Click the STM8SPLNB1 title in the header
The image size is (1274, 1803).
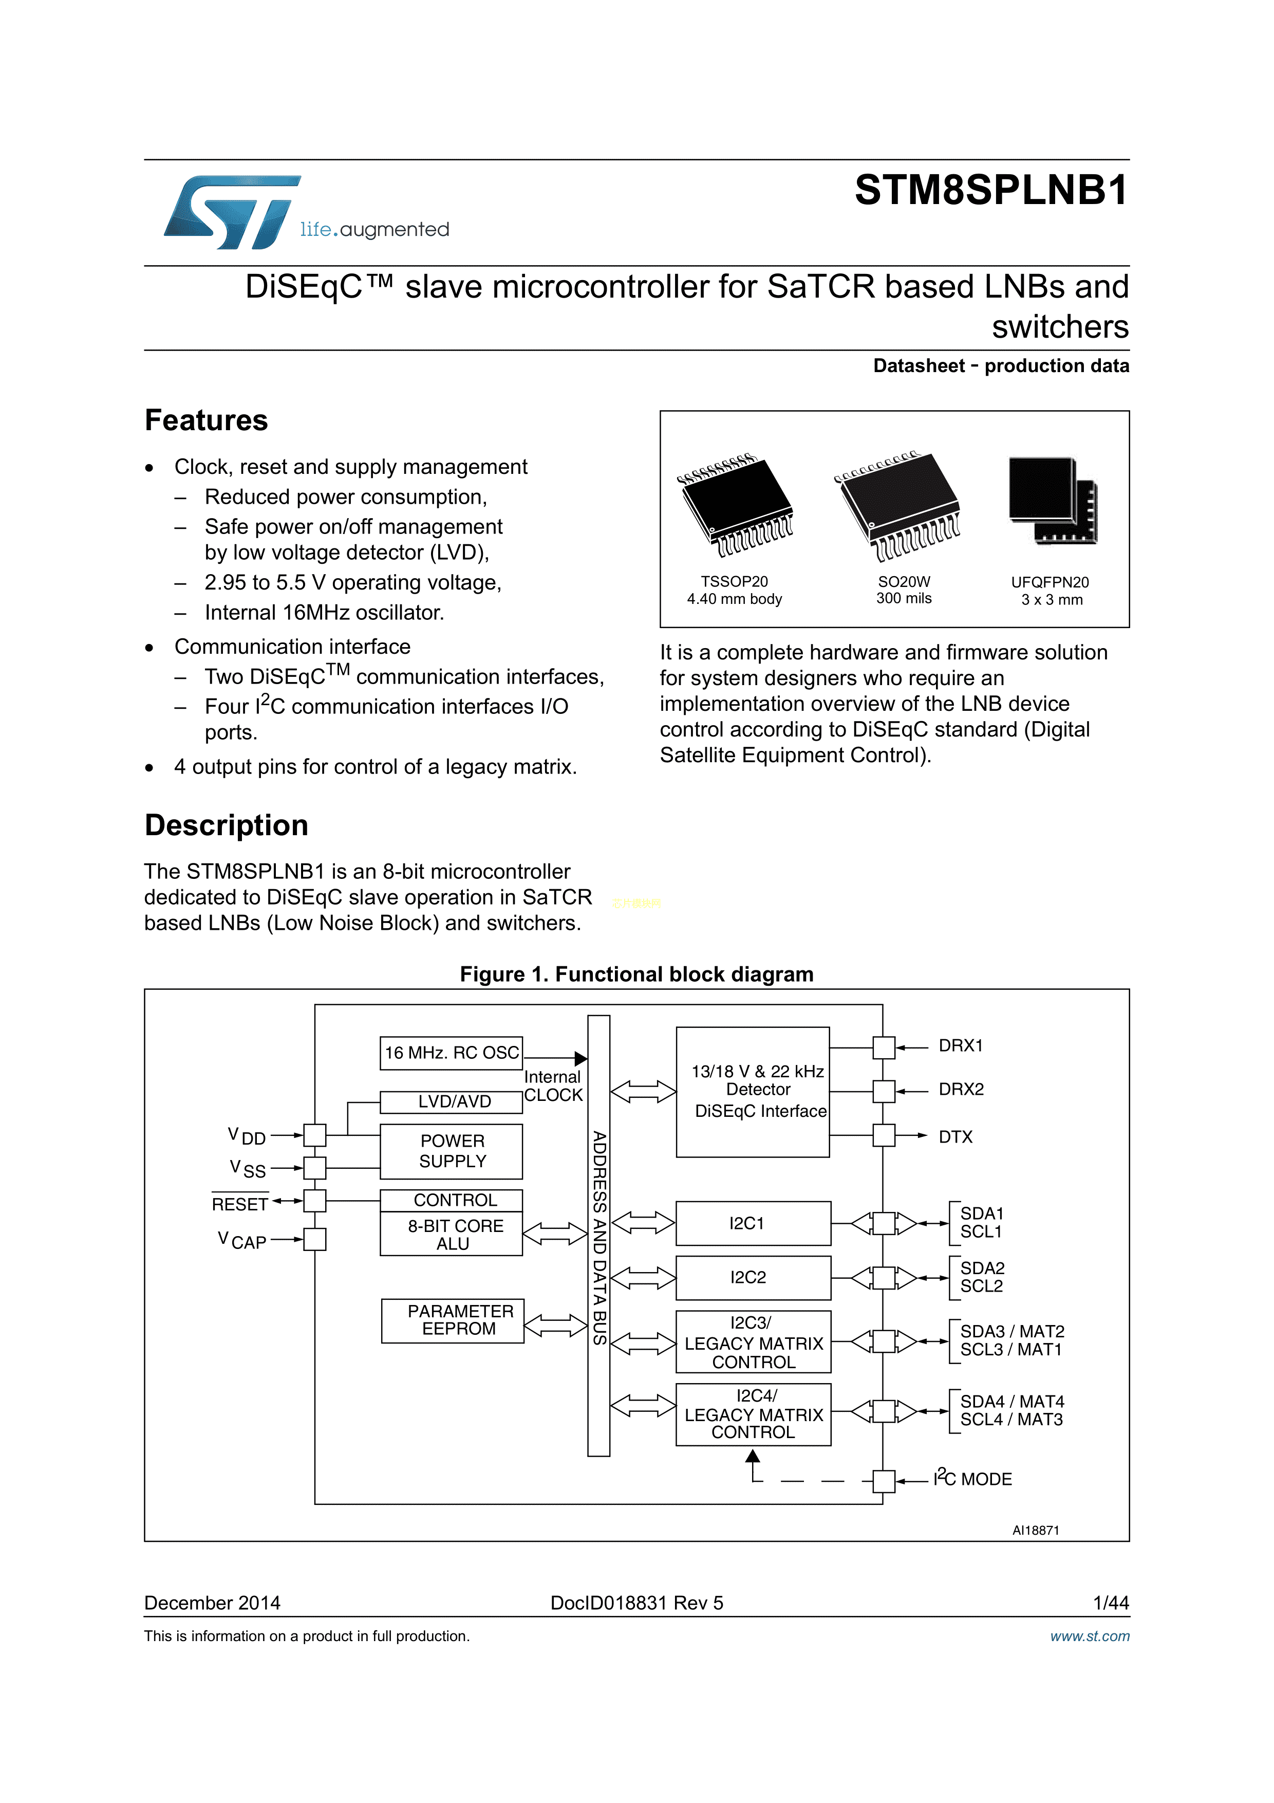pos(990,190)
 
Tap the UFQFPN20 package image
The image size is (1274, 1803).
pos(1052,501)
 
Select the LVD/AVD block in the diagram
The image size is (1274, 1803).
pos(452,1102)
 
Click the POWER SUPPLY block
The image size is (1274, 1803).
pos(452,1151)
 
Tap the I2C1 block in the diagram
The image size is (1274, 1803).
pos(753,1223)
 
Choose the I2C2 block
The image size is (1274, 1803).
pos(753,1278)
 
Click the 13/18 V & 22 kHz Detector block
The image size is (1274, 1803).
pos(753,1092)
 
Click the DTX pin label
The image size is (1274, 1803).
pos(955,1137)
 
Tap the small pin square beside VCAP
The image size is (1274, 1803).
pos(315,1239)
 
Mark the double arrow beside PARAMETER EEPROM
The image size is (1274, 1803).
pos(555,1326)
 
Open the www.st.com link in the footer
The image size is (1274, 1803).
pos(1090,1636)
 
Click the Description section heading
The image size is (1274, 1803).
pos(226,825)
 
